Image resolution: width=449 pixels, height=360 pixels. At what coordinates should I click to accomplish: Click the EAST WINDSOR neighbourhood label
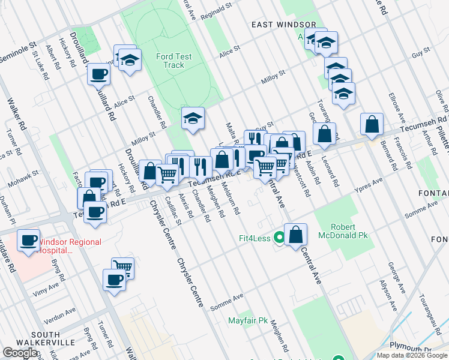point(283,25)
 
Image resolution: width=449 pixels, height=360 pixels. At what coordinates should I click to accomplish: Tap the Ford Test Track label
point(173,61)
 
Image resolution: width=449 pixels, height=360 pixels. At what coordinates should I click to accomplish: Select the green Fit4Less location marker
point(279,238)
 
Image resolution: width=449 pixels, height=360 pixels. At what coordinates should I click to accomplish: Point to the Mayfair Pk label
point(247,320)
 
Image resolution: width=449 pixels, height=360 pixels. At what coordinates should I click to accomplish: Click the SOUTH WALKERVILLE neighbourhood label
point(37,338)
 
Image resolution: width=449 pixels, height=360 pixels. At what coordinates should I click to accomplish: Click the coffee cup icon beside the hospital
point(28,241)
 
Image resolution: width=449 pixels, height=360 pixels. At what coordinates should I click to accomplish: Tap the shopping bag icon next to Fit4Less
point(295,234)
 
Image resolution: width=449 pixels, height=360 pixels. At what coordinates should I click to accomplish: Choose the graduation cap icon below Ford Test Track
point(193,119)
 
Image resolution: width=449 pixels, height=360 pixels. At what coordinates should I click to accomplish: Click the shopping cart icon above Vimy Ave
point(123,268)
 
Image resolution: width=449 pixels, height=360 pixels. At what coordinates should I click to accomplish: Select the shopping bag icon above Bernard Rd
point(372,125)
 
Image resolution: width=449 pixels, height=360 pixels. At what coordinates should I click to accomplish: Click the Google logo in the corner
point(20,352)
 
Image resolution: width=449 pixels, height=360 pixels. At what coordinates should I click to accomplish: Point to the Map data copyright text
point(411,355)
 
